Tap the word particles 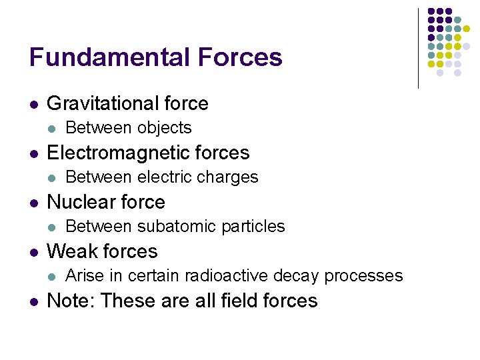(254, 227)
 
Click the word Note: (72, 301)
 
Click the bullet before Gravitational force (33, 104)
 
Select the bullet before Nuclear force (33, 203)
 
